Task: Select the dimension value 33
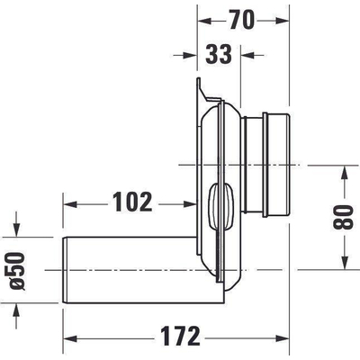coord(218,54)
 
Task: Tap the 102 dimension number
coord(133,202)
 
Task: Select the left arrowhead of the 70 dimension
coord(201,17)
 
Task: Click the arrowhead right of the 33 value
coord(248,55)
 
